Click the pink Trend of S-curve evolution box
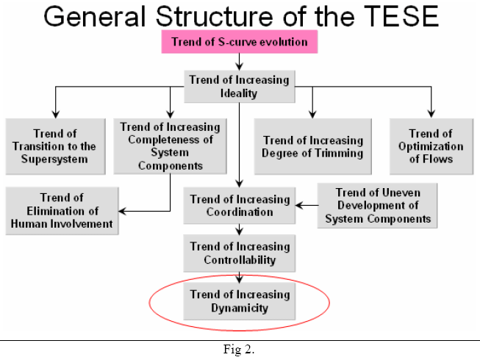(240, 42)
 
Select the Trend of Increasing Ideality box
(239, 87)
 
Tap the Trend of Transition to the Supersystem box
(54, 146)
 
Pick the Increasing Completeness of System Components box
(168, 145)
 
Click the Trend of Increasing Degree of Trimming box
(312, 146)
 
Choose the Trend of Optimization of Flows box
(430, 145)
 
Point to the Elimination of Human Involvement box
(62, 211)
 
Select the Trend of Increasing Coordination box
(240, 205)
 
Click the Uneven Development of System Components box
(377, 205)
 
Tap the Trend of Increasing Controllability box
(240, 253)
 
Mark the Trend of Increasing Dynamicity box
(240, 302)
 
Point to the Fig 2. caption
(239, 349)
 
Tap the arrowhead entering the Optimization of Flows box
(430, 114)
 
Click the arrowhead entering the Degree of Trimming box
(312, 114)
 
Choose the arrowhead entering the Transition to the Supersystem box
(54, 114)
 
